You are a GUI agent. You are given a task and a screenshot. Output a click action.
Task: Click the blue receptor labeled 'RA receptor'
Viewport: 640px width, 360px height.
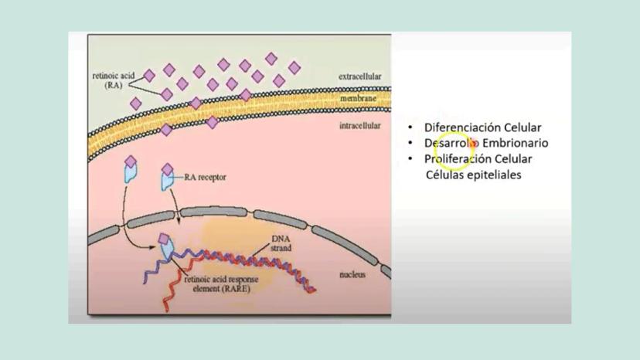pyautogui.click(x=166, y=180)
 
